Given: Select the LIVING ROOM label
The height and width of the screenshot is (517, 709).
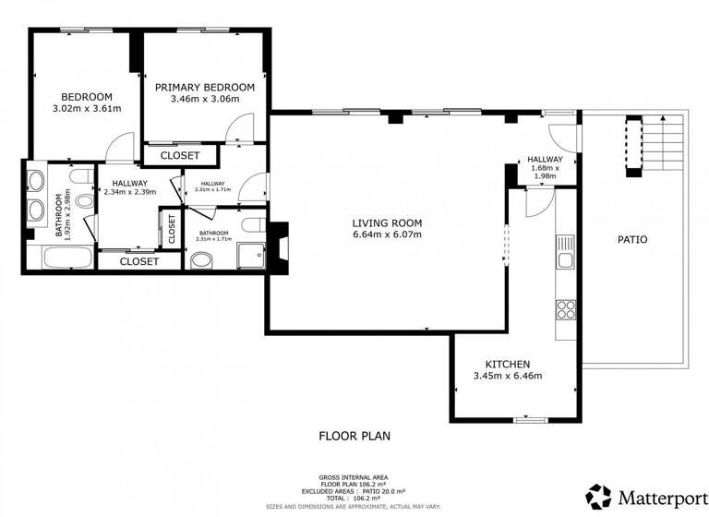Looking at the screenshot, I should pos(387,222).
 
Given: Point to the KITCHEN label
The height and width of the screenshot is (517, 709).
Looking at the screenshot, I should pos(506,364).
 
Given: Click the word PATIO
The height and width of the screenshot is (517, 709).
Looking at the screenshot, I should pos(631,240).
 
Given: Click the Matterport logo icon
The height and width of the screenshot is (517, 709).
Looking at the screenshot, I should pos(598,496).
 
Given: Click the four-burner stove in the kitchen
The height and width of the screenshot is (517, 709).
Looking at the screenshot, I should pos(565,309).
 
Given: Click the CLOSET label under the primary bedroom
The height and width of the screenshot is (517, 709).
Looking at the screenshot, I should pos(179,156).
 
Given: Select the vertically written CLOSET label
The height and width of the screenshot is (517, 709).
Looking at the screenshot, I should pos(170,229).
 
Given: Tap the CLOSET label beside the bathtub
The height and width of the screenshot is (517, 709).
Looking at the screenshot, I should pos(139,261).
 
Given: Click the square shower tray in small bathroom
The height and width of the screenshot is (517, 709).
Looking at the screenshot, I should pos(249,255).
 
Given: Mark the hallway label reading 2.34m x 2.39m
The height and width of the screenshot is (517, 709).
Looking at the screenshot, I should pos(129,187).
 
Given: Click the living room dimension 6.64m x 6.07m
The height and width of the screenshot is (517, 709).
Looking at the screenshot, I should pos(387,234).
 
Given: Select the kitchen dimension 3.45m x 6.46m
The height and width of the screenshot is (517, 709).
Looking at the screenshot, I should pos(506,376).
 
